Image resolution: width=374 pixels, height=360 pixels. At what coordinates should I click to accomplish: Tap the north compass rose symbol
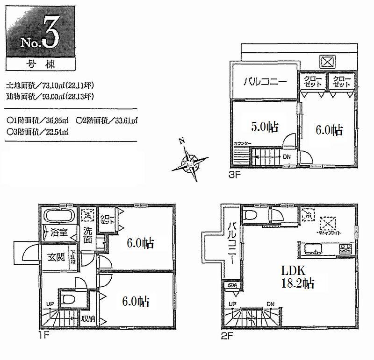click(x=190, y=162)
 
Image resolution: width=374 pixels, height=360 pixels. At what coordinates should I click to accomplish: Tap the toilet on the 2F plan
click(x=251, y=216)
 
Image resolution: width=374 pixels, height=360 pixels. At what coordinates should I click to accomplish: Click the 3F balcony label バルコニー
click(x=264, y=82)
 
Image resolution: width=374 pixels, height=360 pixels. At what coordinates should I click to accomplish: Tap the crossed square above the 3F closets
click(x=326, y=61)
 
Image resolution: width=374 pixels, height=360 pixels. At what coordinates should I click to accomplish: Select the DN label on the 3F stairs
click(x=286, y=157)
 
